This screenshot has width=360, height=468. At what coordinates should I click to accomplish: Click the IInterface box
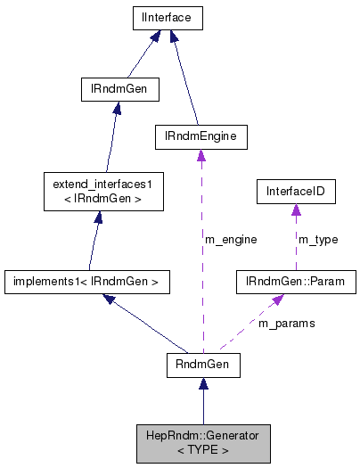[167, 17]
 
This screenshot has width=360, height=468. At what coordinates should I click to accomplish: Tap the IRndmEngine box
[200, 136]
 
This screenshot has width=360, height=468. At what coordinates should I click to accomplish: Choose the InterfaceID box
[296, 190]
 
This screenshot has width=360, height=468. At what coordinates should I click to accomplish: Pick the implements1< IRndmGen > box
[86, 283]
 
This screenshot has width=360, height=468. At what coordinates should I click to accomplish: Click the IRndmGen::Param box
[295, 283]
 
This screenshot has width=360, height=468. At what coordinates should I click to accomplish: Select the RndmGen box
[203, 365]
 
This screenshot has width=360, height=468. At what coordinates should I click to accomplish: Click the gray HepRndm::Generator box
[203, 443]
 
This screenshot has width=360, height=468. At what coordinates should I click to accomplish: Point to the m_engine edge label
[231, 239]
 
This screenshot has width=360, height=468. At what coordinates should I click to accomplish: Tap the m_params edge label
[286, 324]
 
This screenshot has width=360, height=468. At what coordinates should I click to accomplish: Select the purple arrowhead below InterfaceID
[296, 209]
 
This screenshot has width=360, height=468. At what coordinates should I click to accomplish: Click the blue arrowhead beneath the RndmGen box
[203, 384]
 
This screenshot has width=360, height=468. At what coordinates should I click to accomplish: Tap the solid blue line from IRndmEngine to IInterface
[184, 80]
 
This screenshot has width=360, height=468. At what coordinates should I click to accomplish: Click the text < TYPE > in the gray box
[203, 450]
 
